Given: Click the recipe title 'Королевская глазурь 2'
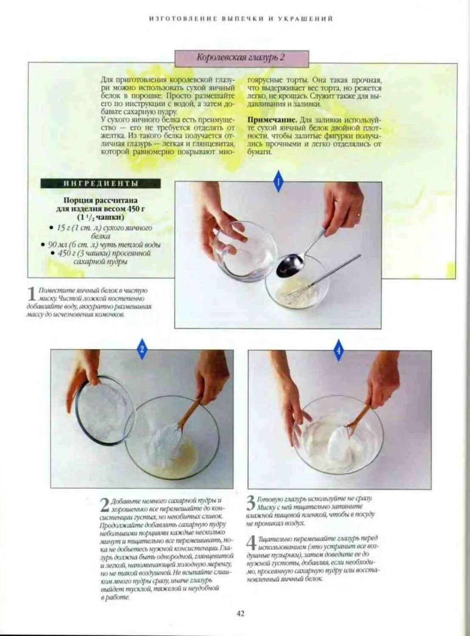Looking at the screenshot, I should pos(241,58).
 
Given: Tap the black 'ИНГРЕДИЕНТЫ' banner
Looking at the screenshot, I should pos(101,183).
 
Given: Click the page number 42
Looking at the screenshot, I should pos(241,613).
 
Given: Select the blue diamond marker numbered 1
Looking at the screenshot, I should pos(278,182).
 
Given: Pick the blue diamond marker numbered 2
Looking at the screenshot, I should pos(142,349).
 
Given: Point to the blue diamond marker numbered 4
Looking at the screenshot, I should pos(338,351).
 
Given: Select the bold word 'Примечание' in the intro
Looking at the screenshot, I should pos(272,120).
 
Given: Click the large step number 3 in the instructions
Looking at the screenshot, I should pos(251,503).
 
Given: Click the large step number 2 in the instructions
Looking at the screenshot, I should pos(105,505).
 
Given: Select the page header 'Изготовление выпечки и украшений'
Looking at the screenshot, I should pos(241,19).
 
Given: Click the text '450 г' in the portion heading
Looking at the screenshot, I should pos(136,208).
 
